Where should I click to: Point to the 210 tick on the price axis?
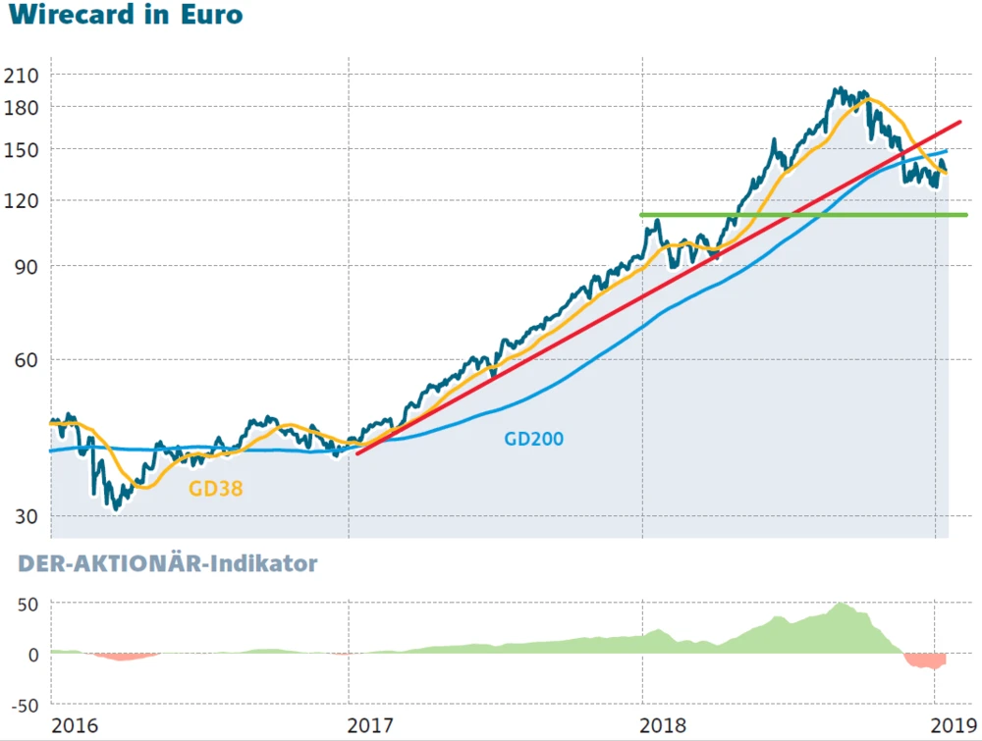point(21,76)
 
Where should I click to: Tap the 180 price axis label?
point(21,107)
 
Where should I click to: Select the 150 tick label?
point(21,149)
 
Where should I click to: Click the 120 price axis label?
point(21,200)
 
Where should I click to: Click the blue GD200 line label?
point(534,439)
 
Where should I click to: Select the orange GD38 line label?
point(215,488)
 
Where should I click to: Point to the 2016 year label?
point(75,726)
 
